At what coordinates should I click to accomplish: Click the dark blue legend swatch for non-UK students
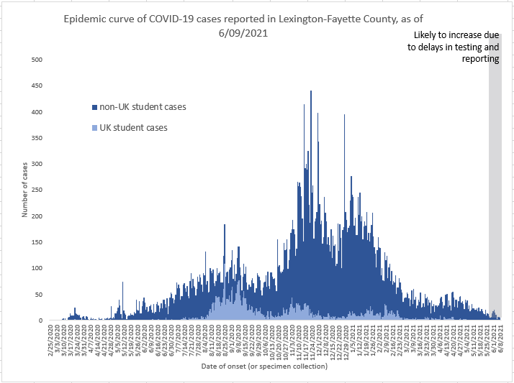tap(94, 107)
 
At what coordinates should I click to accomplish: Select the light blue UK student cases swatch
tap(94, 128)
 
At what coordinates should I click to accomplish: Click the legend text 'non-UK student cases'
tap(143, 107)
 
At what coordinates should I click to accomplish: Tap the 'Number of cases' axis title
tap(24, 190)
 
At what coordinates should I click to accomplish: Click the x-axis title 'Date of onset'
tap(265, 366)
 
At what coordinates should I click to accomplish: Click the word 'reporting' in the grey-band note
tap(480, 59)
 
